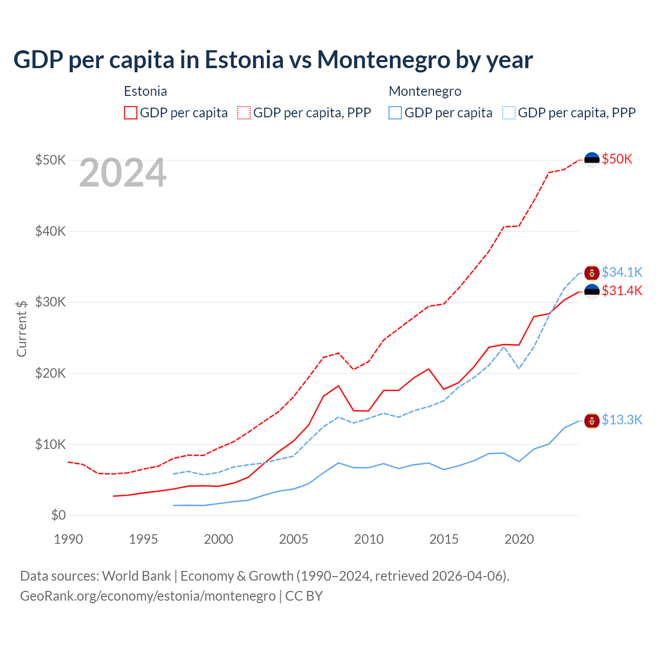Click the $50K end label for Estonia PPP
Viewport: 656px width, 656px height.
pos(617,159)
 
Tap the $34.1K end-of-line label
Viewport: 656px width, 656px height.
pos(622,272)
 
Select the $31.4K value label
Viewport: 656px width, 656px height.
pos(622,291)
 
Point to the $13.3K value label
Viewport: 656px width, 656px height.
pos(622,420)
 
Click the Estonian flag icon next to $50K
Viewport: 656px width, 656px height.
pos(592,160)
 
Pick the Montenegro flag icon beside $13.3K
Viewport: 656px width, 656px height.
pos(592,421)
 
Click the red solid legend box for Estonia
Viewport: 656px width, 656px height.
pos(131,113)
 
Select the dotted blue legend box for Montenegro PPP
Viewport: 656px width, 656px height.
pos(509,113)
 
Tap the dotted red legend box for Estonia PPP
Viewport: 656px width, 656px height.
pos(244,113)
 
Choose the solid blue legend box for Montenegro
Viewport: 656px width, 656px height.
pos(395,113)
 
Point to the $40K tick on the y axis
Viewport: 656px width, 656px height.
pos(50,231)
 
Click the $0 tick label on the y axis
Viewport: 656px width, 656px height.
pos(58,515)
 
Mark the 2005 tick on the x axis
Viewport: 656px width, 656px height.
pos(294,539)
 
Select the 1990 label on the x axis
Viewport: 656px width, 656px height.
pos(68,539)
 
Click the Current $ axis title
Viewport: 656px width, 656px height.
pos(22,329)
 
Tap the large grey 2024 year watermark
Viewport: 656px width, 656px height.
pos(123,173)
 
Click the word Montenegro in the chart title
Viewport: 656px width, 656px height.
pos(383,59)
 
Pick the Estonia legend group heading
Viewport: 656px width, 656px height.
pos(146,91)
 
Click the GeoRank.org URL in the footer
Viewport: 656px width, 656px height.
pos(148,596)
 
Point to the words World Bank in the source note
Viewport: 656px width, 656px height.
pos(136,576)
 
